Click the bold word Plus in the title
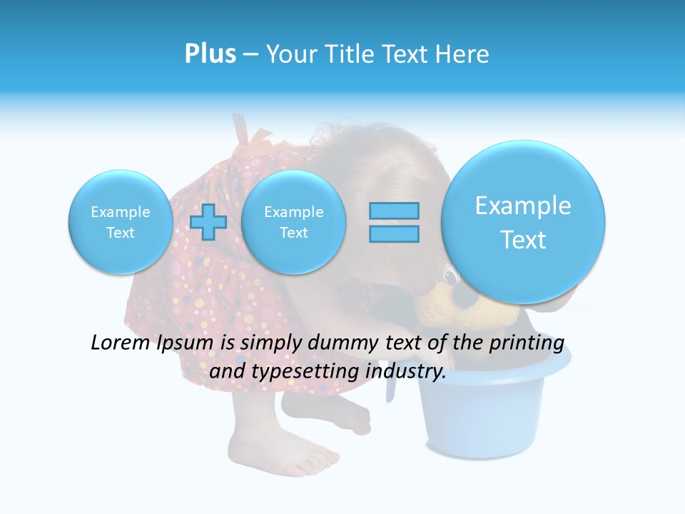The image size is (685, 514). [210, 54]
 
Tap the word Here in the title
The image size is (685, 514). [463, 54]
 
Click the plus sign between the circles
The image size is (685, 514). [209, 222]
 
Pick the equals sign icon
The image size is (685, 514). [394, 222]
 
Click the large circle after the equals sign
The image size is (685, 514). [523, 222]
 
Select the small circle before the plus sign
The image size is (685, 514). [120, 222]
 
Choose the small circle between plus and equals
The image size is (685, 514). [293, 222]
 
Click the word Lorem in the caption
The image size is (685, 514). [119, 343]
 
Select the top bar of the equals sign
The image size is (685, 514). [394, 211]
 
